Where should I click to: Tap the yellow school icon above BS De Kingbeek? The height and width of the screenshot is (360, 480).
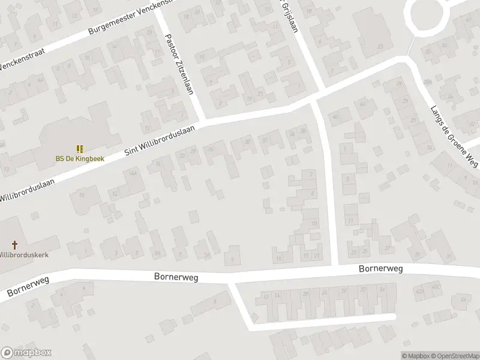point(79,148)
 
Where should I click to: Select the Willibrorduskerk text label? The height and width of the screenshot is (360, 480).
point(24,254)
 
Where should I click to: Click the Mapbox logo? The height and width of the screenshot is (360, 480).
point(26,353)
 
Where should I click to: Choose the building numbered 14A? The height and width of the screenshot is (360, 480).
point(133,173)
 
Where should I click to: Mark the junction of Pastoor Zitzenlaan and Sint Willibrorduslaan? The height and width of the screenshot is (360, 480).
point(202,121)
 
